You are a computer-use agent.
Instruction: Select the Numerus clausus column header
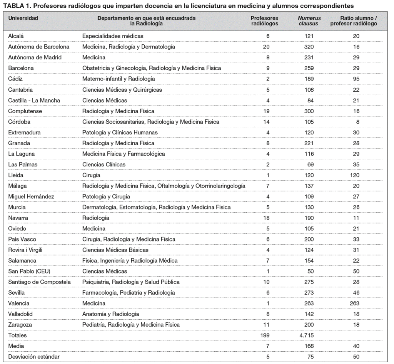click(x=309, y=21)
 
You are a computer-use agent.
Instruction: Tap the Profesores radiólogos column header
click(x=264, y=21)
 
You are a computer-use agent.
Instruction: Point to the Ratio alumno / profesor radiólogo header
click(x=353, y=21)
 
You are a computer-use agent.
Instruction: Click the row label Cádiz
click(x=16, y=79)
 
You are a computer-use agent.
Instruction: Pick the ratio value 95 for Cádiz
click(x=356, y=79)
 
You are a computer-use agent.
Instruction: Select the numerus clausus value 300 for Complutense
click(x=309, y=111)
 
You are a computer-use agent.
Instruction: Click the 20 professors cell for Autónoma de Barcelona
click(x=266, y=47)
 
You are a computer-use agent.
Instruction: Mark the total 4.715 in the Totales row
click(x=307, y=335)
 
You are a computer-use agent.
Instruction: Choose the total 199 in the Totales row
click(x=265, y=335)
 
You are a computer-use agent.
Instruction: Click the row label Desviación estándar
click(x=34, y=357)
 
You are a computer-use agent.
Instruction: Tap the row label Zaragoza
click(x=20, y=325)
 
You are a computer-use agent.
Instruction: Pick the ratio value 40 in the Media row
click(x=356, y=346)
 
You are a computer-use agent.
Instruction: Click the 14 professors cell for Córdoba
click(x=266, y=122)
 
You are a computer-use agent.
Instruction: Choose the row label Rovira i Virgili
click(x=25, y=250)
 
